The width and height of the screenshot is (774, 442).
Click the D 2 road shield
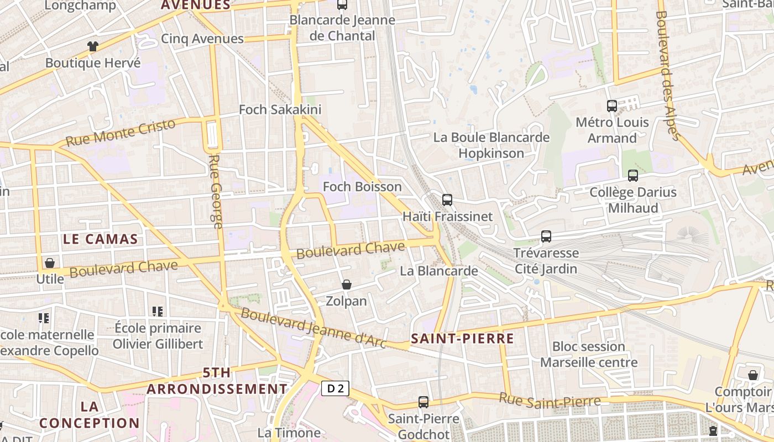coord(335,388)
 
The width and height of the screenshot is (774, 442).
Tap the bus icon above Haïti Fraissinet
coord(447,200)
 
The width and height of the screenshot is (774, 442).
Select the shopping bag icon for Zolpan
coord(347,285)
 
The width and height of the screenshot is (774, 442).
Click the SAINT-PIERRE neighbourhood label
coord(462,339)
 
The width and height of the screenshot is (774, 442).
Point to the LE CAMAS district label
coord(100,239)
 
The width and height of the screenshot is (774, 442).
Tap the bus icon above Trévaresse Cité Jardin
coord(546,236)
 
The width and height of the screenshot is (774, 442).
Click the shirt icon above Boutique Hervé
coord(92,46)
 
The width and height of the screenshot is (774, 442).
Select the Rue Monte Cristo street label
coord(120,133)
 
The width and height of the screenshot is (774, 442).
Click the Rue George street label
coord(216,191)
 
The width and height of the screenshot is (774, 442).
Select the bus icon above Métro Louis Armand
coord(612,106)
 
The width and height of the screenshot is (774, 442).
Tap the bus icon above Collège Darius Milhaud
coord(633,176)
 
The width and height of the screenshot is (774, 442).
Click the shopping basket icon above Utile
coord(50,263)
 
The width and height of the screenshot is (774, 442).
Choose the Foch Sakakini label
coord(280,109)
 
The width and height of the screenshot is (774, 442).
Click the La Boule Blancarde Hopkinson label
coord(491,145)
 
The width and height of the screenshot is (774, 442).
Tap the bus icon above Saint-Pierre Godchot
coord(423,402)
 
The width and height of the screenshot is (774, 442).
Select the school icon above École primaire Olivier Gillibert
coord(158,312)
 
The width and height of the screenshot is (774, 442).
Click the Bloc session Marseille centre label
coord(589,354)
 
